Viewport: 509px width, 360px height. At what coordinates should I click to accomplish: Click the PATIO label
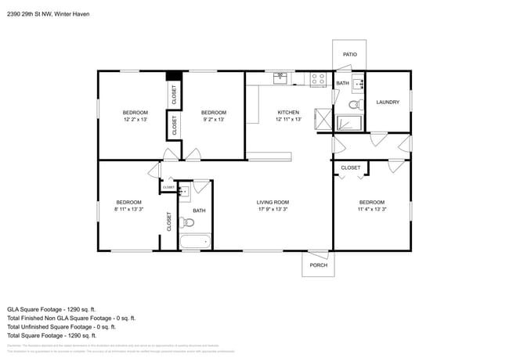[349, 55]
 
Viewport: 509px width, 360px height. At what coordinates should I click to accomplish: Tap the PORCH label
[318, 265]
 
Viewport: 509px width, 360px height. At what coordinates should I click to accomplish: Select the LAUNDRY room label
[388, 103]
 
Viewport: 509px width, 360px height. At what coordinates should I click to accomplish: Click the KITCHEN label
[288, 113]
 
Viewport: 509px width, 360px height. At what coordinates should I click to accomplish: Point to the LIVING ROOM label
[273, 203]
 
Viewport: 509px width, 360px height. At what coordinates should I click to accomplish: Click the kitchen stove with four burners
[318, 79]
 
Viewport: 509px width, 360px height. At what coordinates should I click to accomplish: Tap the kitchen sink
[280, 78]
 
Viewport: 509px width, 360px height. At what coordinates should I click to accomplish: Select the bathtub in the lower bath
[195, 242]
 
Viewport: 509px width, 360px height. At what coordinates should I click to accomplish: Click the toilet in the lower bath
[187, 222]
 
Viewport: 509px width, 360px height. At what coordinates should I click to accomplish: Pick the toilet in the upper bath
[353, 103]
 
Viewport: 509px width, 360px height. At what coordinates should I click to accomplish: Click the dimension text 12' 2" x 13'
[135, 120]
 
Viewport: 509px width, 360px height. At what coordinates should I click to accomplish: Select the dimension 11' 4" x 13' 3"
[371, 209]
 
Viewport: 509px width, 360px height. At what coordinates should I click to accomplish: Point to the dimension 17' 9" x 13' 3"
[273, 210]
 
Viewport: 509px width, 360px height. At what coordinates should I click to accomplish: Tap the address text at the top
[47, 13]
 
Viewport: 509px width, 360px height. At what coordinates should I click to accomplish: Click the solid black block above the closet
[174, 76]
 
